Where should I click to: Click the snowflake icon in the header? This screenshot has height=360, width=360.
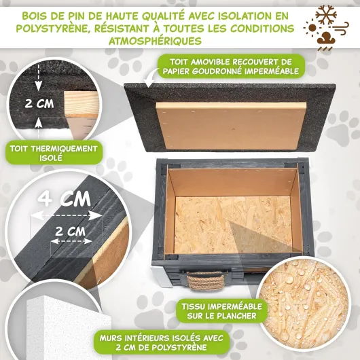tap(326, 15)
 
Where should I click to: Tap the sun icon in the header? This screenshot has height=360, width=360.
tap(312, 28)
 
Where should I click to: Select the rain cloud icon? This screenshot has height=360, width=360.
tap(326, 41)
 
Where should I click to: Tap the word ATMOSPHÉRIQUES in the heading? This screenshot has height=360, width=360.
tap(155, 41)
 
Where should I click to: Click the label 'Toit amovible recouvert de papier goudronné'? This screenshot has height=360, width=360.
tap(231, 67)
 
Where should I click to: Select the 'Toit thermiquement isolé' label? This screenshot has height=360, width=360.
tap(54, 153)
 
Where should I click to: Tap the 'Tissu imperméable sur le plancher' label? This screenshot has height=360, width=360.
tap(221, 311)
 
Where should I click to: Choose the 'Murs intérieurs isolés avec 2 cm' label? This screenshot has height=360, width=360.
tap(162, 342)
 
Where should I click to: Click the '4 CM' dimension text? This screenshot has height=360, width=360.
tap(65, 199)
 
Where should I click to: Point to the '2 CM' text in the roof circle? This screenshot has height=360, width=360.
tap(39, 103)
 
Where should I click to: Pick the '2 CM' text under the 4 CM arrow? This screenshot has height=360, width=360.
tap(70, 231)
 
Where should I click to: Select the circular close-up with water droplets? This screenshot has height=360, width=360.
tap(303, 304)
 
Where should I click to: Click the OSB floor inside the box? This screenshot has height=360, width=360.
tap(233, 224)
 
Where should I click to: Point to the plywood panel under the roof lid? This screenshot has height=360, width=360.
tap(231, 126)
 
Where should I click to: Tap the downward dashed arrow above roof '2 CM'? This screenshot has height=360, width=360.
tap(38, 77)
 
